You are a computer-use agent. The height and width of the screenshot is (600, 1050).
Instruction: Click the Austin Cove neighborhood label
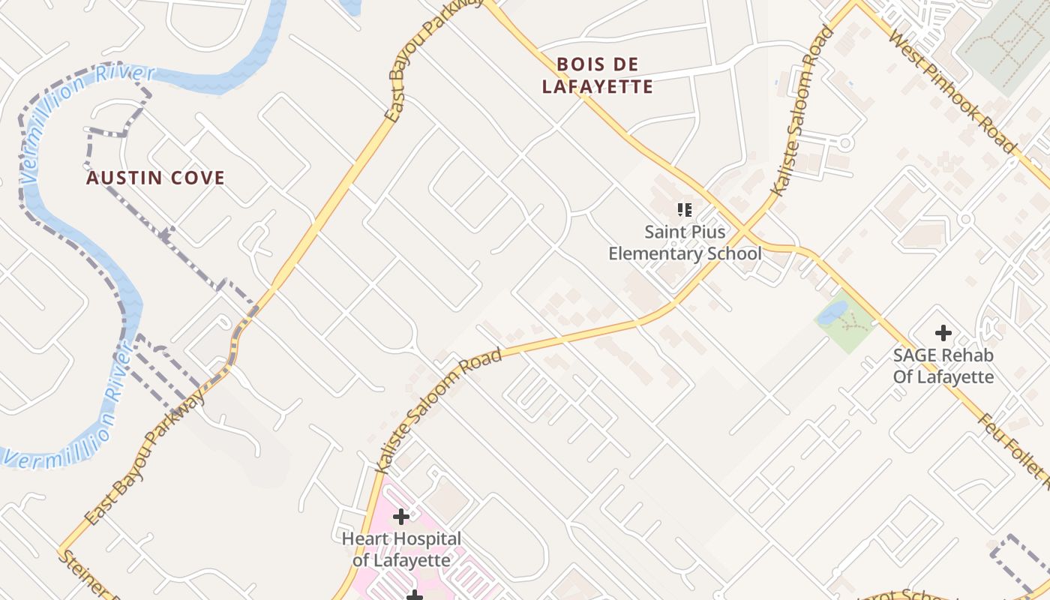pos(155,178)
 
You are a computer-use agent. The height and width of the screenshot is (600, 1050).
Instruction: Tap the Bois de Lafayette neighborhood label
pos(598,76)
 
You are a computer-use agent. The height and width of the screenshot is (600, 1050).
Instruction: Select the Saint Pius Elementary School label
pos(684,243)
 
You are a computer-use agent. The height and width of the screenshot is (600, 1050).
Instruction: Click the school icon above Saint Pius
pos(684,210)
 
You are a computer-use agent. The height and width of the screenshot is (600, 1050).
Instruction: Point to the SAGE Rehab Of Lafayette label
pos(943,366)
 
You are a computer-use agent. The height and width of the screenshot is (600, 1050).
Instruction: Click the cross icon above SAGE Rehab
pos(943,332)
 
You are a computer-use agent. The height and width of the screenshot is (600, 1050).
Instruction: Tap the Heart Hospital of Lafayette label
pos(401,550)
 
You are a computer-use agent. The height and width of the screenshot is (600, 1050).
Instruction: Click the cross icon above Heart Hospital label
pos(401,517)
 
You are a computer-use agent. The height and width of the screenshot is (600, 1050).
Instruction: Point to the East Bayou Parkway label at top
pos(433,60)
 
